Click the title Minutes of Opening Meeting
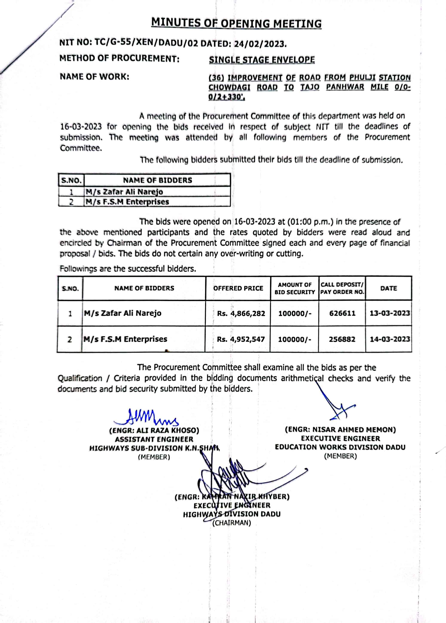[x=236, y=23]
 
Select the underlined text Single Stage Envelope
[x=262, y=60]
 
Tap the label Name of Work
[x=95, y=77]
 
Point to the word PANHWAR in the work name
[x=345, y=87]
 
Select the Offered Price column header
[x=238, y=288]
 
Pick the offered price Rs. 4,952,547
[x=241, y=339]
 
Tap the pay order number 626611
[x=342, y=313]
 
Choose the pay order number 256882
[x=342, y=339]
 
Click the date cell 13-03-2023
[x=389, y=313]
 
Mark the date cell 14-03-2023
[x=390, y=339]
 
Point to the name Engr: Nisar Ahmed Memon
[x=340, y=430]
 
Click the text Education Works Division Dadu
[x=340, y=447]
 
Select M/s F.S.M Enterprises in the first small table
[x=127, y=202]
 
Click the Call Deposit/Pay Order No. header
[x=342, y=288]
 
